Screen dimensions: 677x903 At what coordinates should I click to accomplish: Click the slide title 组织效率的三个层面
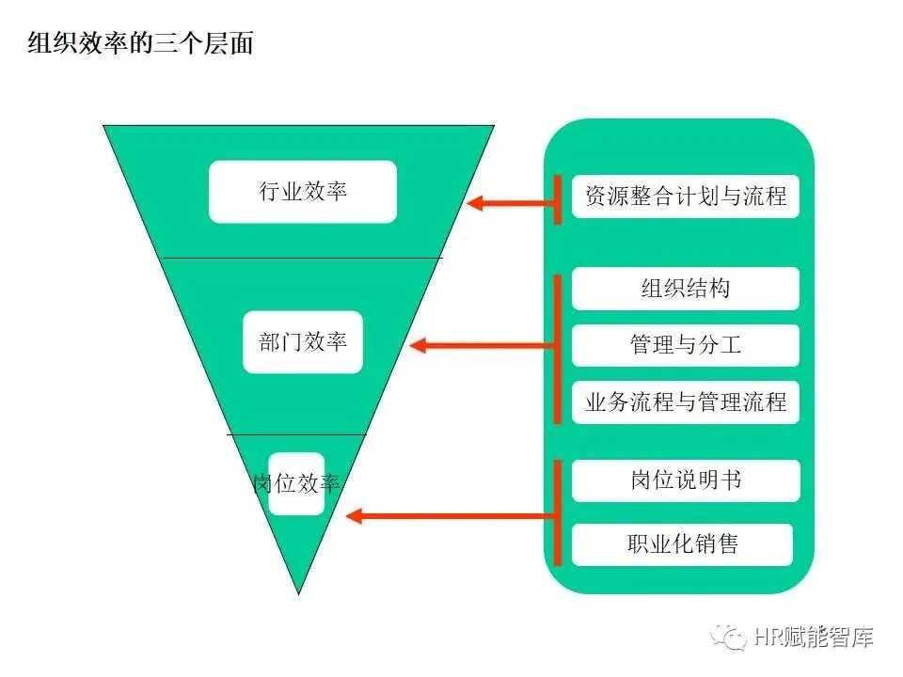pyautogui.click(x=141, y=43)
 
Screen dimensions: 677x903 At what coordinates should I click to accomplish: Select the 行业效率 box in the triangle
pyautogui.click(x=303, y=192)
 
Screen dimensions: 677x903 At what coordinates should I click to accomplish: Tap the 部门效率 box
pyautogui.click(x=303, y=341)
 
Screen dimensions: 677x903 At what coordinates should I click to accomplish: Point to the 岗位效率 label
pyautogui.click(x=296, y=483)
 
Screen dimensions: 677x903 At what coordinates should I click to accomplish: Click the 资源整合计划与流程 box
pyautogui.click(x=686, y=197)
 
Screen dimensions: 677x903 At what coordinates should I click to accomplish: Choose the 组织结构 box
pyautogui.click(x=686, y=289)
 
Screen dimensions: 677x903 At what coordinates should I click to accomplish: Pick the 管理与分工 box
pyautogui.click(x=686, y=345)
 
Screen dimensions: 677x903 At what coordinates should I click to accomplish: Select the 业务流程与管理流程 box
pyautogui.click(x=686, y=402)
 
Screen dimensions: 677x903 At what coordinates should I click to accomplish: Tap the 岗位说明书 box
pyautogui.click(x=686, y=480)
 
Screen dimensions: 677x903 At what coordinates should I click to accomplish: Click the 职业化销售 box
pyautogui.click(x=682, y=544)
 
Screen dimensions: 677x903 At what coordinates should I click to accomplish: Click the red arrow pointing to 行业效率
pyautogui.click(x=513, y=202)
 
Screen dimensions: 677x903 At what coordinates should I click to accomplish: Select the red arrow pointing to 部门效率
pyautogui.click(x=484, y=345)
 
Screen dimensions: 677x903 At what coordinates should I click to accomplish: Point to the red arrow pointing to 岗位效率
pyautogui.click(x=451, y=515)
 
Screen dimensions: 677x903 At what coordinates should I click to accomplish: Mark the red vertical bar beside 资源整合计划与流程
pyautogui.click(x=558, y=198)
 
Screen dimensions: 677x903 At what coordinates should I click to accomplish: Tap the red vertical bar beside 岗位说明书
pyautogui.click(x=558, y=512)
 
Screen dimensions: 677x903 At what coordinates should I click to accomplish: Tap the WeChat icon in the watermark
pyautogui.click(x=730, y=638)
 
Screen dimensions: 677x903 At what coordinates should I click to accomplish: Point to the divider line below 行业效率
pyautogui.click(x=301, y=258)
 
